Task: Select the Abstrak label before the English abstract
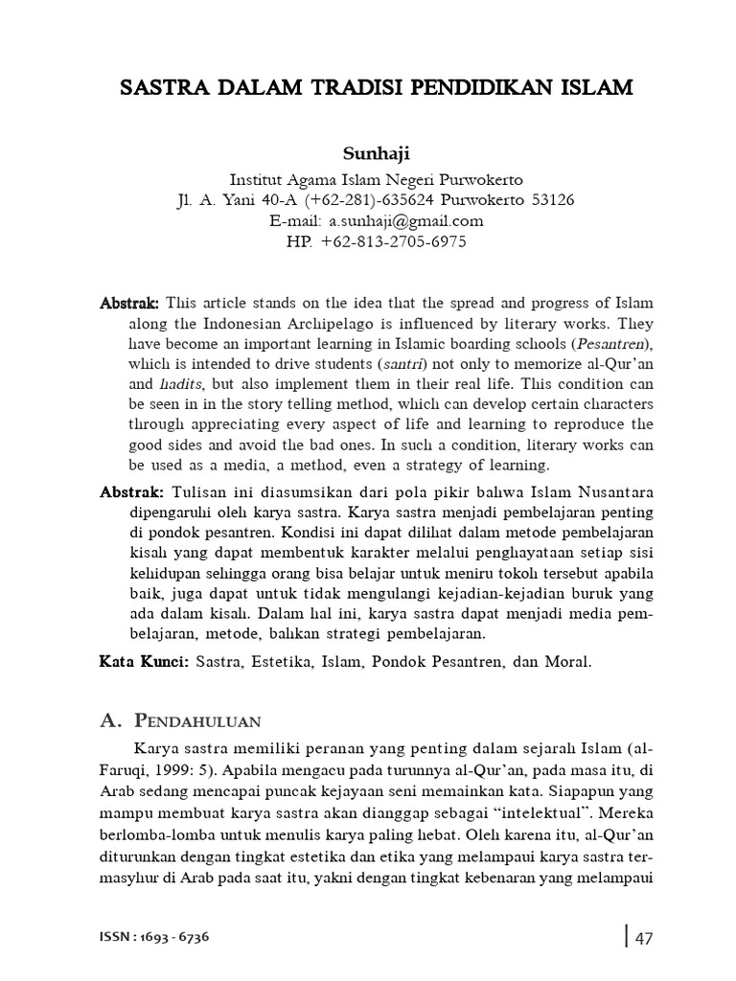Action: (130, 303)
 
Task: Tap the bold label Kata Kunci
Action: (145, 661)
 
